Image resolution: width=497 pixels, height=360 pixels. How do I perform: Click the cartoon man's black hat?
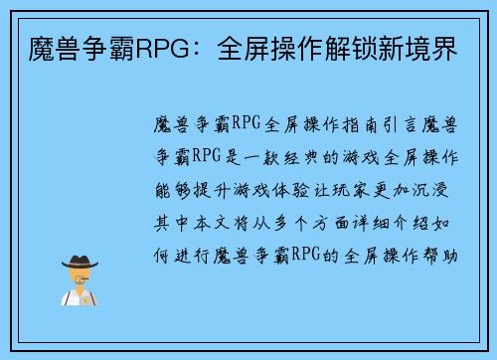click(79, 264)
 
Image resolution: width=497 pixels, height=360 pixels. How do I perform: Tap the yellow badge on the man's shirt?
click(88, 298)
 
